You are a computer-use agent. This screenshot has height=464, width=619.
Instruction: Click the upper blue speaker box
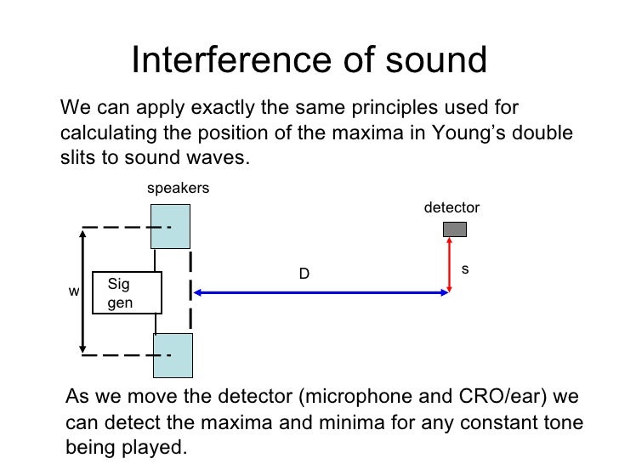coord(170,226)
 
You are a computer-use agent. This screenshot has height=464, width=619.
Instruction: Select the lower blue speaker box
coord(173,355)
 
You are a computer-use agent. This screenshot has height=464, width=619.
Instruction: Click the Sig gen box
coord(126,293)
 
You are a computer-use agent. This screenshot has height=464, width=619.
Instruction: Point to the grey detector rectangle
coord(454,229)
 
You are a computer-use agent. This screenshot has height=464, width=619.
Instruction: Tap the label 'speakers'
coord(178,189)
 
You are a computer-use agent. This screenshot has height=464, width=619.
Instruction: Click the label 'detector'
coord(451,207)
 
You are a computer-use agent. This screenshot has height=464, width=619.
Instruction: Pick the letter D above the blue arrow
coord(303,274)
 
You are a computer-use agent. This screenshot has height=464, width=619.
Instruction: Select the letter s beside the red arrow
coord(464,269)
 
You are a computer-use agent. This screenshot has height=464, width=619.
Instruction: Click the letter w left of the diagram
coord(73,291)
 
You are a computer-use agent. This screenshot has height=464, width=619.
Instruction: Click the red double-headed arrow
coord(449,266)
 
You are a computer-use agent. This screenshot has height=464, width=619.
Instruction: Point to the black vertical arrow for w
coord(82,291)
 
